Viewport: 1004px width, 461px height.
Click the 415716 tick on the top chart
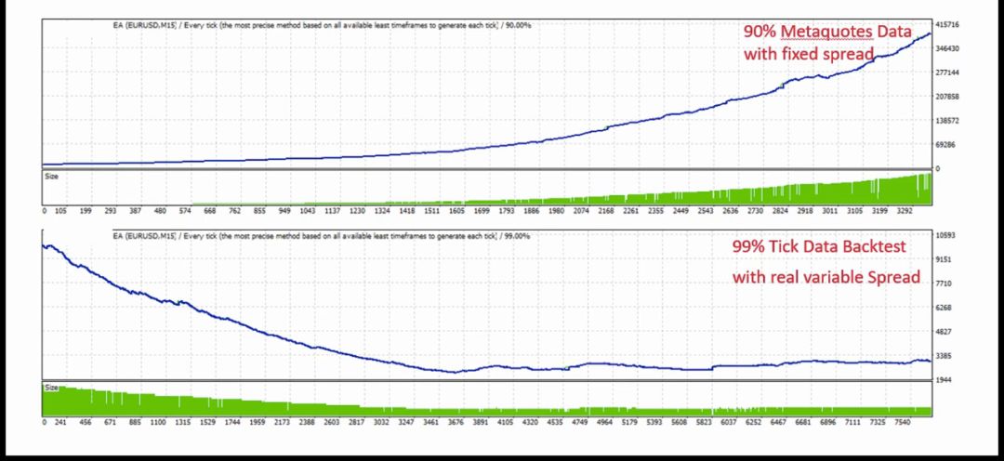tap(949, 24)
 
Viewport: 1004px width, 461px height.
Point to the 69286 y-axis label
tap(947, 144)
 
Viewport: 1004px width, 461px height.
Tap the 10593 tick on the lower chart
tap(947, 236)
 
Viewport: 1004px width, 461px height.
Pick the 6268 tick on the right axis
tap(945, 309)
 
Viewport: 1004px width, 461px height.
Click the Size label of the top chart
tap(52, 174)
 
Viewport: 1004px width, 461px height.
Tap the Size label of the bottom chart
tap(52, 387)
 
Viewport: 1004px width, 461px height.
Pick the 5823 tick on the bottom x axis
tap(705, 422)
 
